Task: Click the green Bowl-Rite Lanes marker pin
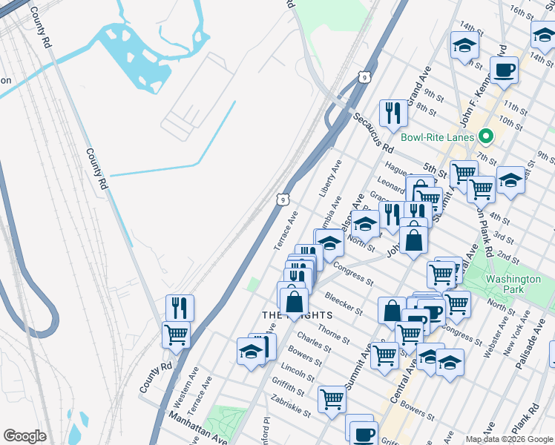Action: tap(487, 136)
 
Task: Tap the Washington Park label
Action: tap(513, 285)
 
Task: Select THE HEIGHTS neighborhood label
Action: tap(295, 315)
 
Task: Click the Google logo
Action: tap(24, 436)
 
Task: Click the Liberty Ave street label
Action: tap(330, 178)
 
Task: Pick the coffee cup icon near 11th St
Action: tap(504, 71)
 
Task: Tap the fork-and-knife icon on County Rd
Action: tap(180, 308)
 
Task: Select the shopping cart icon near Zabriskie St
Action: tap(332, 399)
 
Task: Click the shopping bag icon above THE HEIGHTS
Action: tap(295, 302)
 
